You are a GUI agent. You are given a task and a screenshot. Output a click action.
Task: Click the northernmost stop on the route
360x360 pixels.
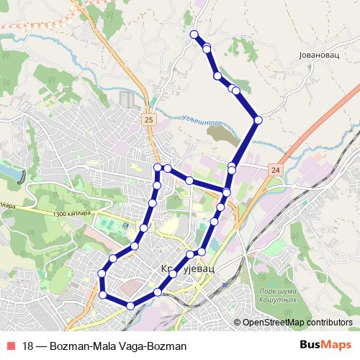click(193, 35)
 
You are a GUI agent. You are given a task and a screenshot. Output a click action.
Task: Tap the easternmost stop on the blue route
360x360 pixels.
click(258, 120)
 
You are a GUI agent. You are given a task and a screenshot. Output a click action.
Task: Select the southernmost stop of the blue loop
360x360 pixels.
click(130, 306)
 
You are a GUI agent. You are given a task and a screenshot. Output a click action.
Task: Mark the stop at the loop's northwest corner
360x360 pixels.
click(158, 168)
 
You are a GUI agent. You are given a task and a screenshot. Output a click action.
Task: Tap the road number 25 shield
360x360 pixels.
click(148, 120)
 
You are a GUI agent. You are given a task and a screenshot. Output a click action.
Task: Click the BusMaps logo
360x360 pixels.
click(326, 346)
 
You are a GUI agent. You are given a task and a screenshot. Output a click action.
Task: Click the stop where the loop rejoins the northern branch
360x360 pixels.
click(227, 192)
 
